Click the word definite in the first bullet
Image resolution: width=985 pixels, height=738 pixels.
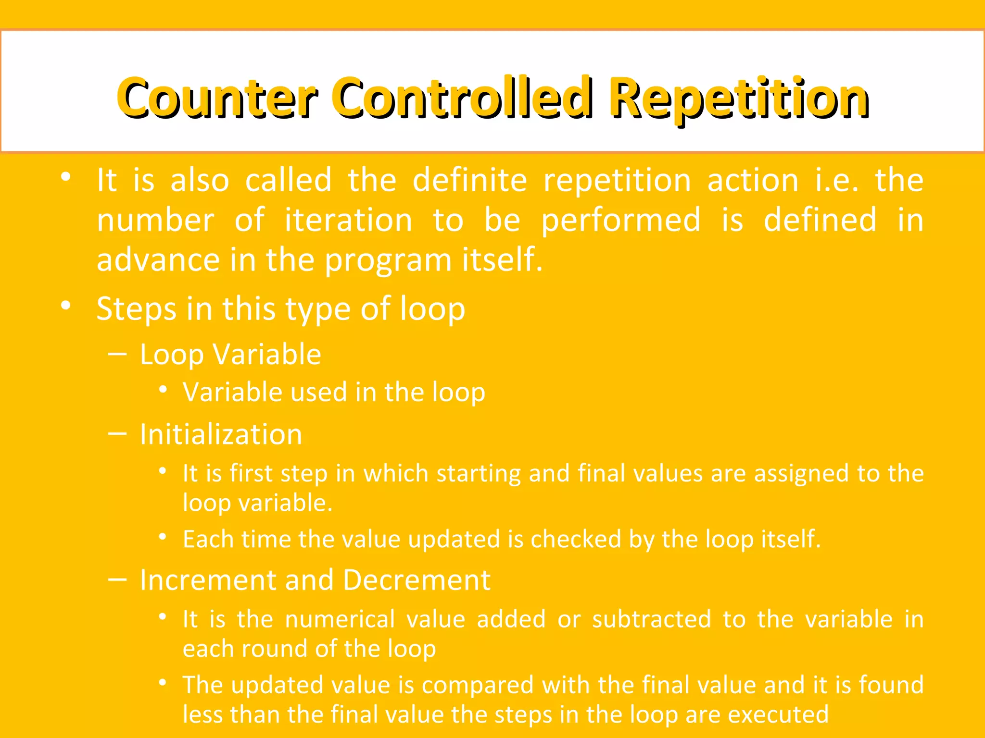click(x=469, y=180)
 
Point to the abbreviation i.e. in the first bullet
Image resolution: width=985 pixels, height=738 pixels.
click(x=836, y=180)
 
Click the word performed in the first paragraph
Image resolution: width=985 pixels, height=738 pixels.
click(x=621, y=220)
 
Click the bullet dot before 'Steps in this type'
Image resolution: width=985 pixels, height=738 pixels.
click(x=66, y=305)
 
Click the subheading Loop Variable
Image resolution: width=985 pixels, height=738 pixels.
click(x=230, y=355)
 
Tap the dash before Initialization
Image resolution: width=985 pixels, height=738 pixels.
click(x=117, y=434)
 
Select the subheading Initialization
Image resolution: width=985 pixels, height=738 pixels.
click(x=221, y=434)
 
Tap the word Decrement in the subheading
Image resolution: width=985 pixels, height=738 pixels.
click(x=417, y=580)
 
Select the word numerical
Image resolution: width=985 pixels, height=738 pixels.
click(x=340, y=619)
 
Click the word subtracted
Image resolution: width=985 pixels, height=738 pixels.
click(x=651, y=619)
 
